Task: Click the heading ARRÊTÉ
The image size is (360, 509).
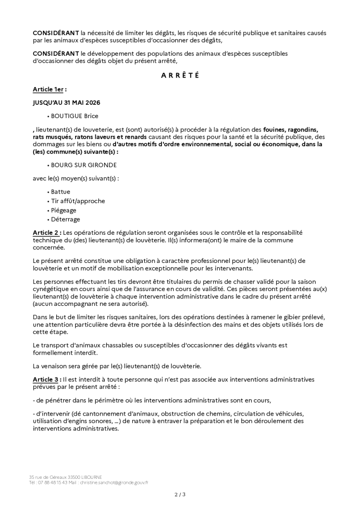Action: tap(180, 76)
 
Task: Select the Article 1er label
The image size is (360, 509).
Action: tap(49, 89)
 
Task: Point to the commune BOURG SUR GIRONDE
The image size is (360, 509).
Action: tap(84, 165)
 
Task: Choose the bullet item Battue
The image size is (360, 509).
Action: tap(60, 192)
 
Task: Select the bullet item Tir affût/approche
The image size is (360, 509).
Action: tap(78, 201)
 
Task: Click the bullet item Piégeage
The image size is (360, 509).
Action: tap(64, 210)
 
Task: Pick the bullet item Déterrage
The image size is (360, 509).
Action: tap(65, 219)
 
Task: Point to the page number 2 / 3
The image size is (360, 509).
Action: tap(180, 494)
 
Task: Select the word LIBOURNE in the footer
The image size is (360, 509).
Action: tap(88, 477)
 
